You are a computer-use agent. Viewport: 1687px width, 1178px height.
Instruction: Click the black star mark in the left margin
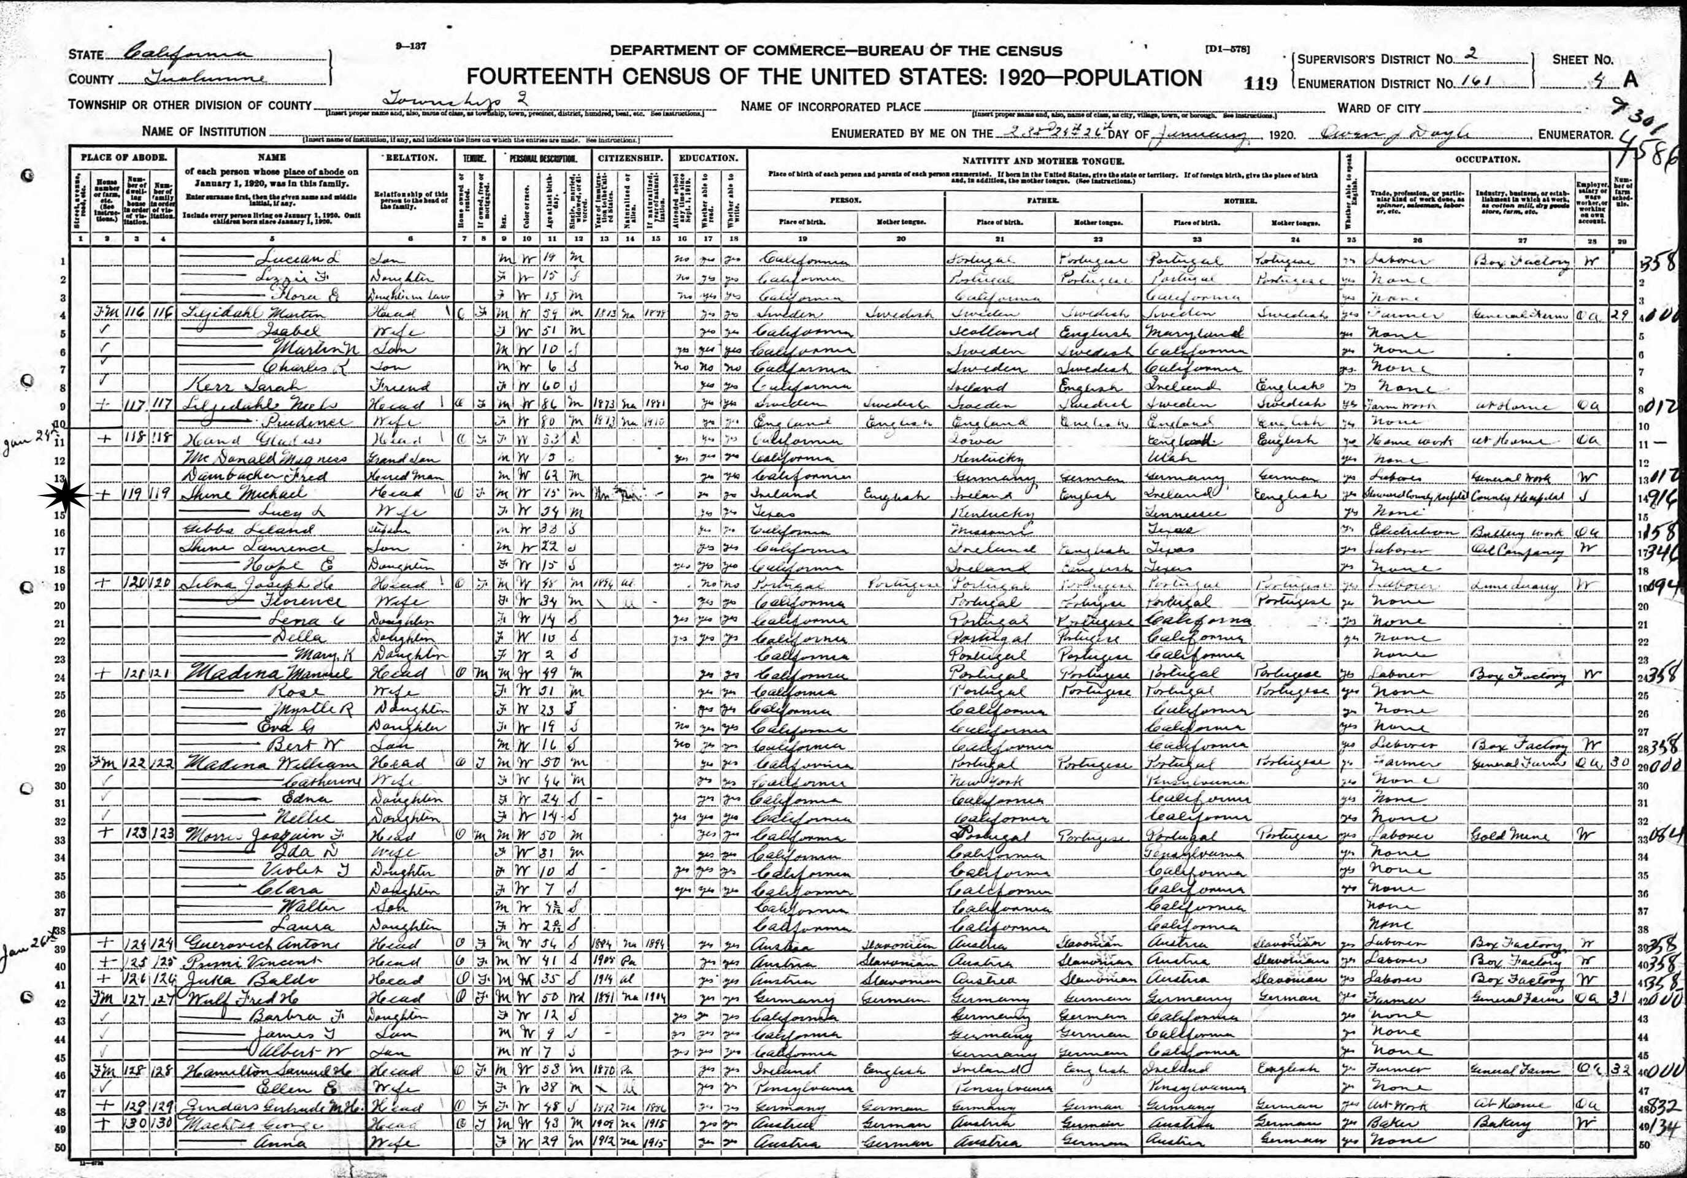click(x=64, y=497)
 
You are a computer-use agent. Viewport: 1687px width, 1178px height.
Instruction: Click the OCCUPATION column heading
click(x=1486, y=159)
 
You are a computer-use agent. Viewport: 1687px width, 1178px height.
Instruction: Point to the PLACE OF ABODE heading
click(x=123, y=158)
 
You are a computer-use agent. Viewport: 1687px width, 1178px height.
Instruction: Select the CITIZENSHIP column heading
click(x=631, y=158)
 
